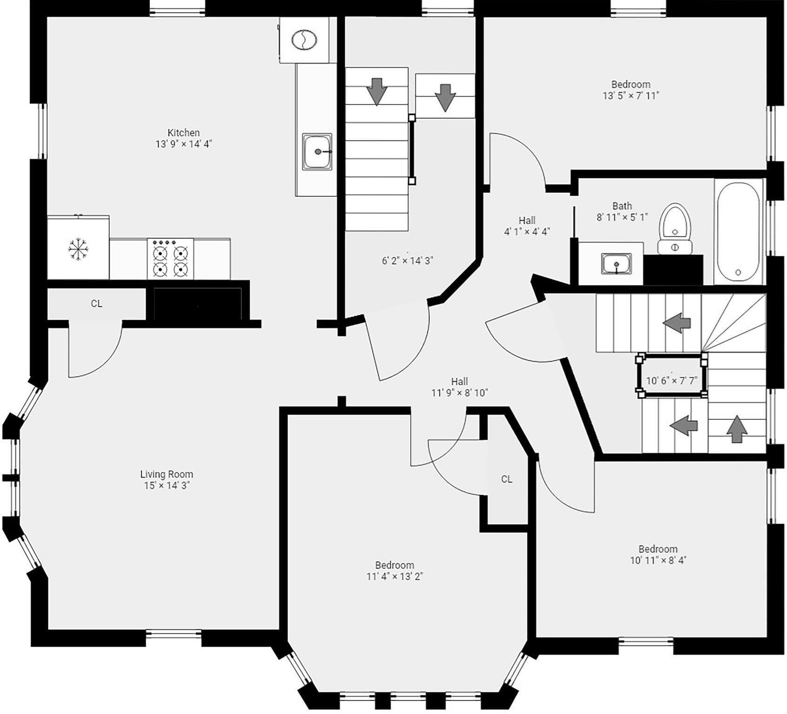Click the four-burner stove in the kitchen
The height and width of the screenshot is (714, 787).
tap(170, 259)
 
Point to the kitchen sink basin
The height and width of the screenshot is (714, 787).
tap(318, 152)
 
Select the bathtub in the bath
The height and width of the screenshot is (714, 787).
tap(738, 232)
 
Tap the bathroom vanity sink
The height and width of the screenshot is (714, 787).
tap(616, 264)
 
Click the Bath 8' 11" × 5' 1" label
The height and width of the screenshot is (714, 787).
tap(622, 212)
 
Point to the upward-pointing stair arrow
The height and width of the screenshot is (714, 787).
tap(737, 429)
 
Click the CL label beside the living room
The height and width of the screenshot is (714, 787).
tap(96, 304)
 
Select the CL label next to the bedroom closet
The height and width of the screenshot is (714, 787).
tap(507, 479)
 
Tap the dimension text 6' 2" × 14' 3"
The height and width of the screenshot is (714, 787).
tap(407, 260)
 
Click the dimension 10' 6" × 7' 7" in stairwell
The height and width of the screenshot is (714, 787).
tap(672, 381)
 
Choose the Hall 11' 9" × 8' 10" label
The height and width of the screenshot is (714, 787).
tap(459, 387)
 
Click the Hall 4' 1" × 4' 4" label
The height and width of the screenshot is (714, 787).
tap(527, 226)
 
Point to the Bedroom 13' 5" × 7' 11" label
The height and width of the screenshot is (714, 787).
tap(631, 90)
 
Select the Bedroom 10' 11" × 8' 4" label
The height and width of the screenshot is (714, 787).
tap(658, 555)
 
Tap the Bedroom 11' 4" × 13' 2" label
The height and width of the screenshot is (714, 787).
tap(394, 571)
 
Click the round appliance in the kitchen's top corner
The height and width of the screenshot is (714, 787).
tap(304, 40)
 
